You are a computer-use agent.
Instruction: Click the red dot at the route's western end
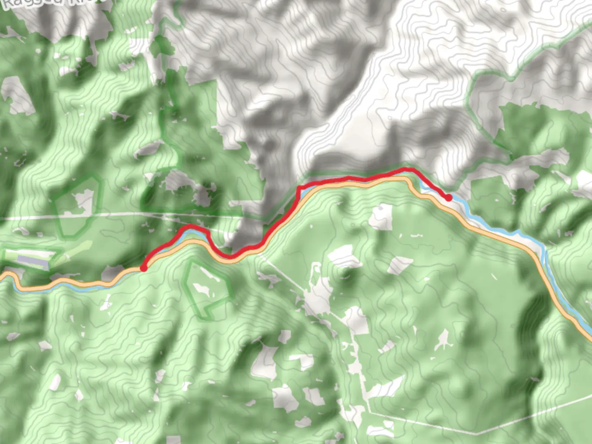pos(143,268)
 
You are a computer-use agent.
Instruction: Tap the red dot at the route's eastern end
pos(449,198)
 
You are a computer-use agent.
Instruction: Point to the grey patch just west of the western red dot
pos(111,271)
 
